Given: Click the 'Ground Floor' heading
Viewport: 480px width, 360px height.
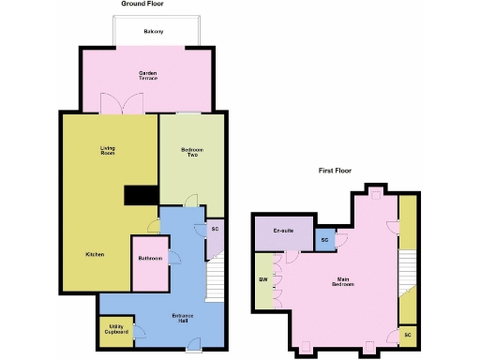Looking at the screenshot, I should tap(142, 4).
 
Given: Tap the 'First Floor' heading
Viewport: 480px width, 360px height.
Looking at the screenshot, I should tap(335, 171).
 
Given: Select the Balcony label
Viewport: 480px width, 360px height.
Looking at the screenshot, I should tap(154, 32).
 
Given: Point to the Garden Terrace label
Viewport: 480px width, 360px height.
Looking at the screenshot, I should tap(148, 76).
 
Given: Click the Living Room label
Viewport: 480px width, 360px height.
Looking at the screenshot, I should tap(108, 149).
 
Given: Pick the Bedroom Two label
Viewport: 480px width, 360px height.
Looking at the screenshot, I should tap(191, 152).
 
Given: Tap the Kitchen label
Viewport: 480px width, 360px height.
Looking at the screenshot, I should tap(94, 255).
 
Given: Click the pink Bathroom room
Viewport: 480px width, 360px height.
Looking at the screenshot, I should tap(149, 267).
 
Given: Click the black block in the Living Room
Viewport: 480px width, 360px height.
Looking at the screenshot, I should tap(142, 194).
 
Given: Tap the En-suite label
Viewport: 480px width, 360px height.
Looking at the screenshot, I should tap(284, 231).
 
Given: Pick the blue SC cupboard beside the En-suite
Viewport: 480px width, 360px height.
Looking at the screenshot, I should tap(324, 240).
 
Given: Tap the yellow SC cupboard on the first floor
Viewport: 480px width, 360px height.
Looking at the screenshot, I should tap(407, 334).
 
